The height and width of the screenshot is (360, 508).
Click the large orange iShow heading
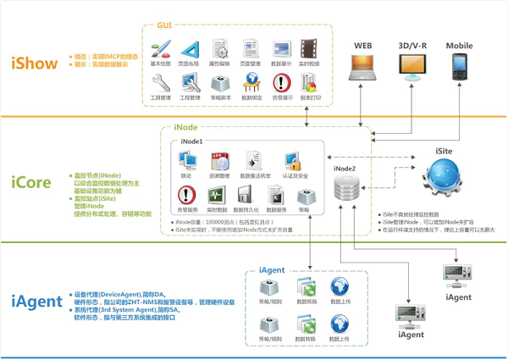pos(35,63)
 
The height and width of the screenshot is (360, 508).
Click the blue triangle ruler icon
pos(190,49)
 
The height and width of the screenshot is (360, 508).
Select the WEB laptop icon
pos(364,67)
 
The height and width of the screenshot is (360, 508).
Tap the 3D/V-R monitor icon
pos(411,67)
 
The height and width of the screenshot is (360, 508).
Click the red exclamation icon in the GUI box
pos(282,82)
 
